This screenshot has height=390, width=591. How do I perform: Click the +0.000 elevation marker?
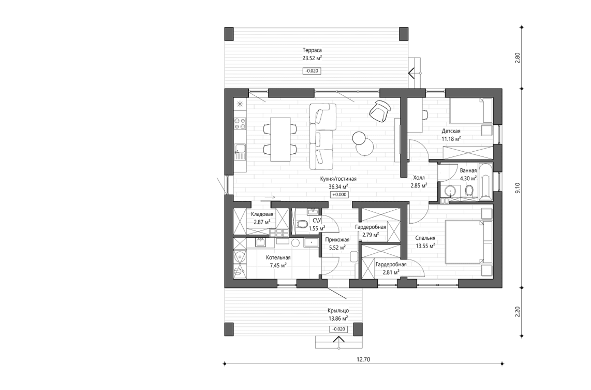point(339,195)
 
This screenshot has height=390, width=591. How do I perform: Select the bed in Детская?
point(470,110)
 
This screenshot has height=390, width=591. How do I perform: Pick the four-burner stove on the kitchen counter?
point(240,123)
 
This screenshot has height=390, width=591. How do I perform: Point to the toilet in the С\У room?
point(303,224)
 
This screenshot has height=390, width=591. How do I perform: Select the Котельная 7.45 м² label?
point(278,261)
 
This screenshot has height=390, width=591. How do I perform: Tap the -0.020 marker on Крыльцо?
point(337,329)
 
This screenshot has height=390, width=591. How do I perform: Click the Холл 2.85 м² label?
point(418,181)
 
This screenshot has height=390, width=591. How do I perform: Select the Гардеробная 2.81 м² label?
point(391,268)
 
